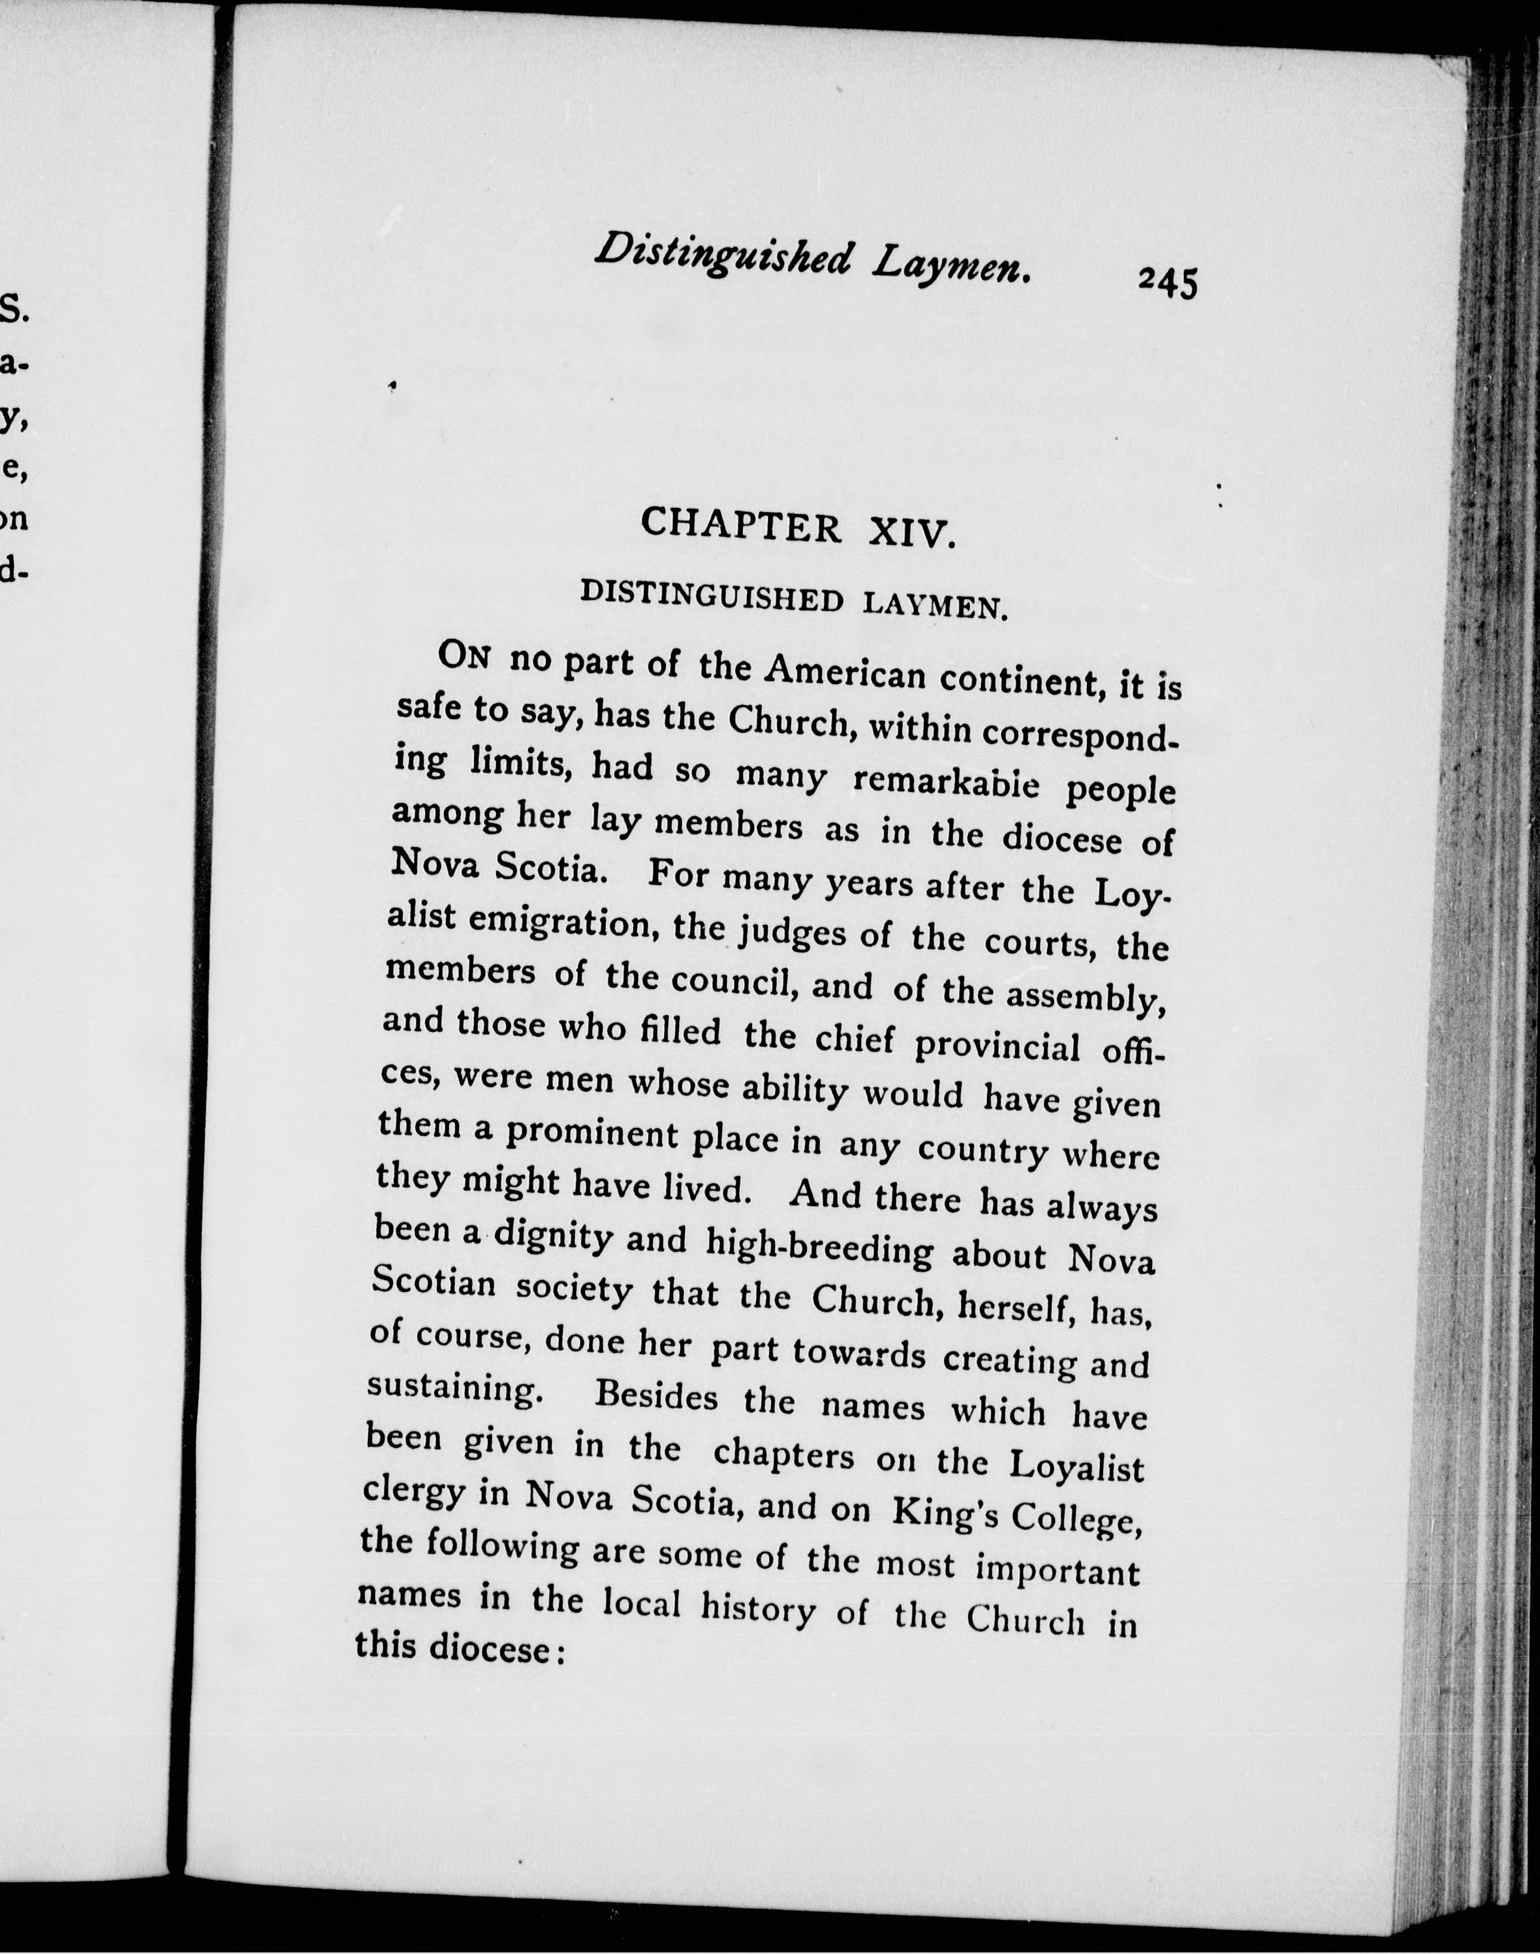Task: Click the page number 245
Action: [x=1167, y=282]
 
